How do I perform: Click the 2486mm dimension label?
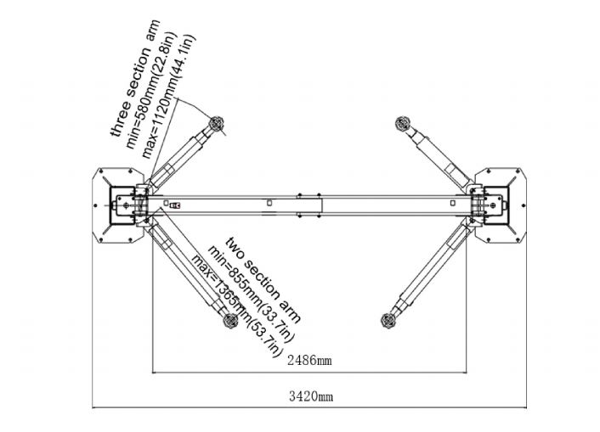point(309,360)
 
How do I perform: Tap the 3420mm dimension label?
point(311,396)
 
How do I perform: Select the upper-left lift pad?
point(216,124)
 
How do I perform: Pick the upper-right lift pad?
point(403,123)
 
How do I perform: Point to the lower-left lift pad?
point(230,320)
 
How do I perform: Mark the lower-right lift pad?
point(388,320)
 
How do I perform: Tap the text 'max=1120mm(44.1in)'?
point(168,97)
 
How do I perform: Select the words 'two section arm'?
point(263,280)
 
